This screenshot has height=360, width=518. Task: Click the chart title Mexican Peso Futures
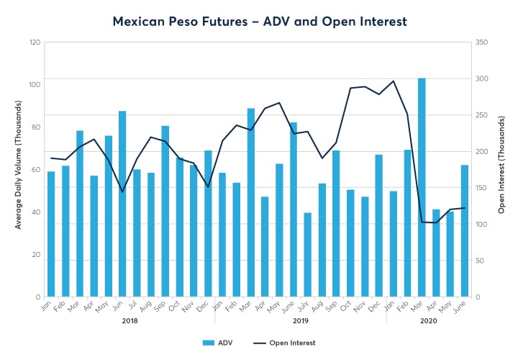coord(259,22)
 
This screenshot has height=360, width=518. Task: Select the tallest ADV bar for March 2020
coord(422,187)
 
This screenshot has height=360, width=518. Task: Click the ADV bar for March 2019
coord(250,202)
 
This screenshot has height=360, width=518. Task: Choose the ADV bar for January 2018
coord(51,234)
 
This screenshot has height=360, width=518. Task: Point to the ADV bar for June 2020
coord(464,230)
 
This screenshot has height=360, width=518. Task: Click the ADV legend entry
coord(216,343)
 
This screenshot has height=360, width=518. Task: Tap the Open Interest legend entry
coord(285,343)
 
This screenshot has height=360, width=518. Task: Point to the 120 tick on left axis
coord(34,42)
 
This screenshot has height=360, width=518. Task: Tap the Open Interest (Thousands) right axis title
coord(501,169)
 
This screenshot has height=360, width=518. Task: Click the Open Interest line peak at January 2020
coord(393,81)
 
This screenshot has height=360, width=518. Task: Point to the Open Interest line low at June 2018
coord(122,192)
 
